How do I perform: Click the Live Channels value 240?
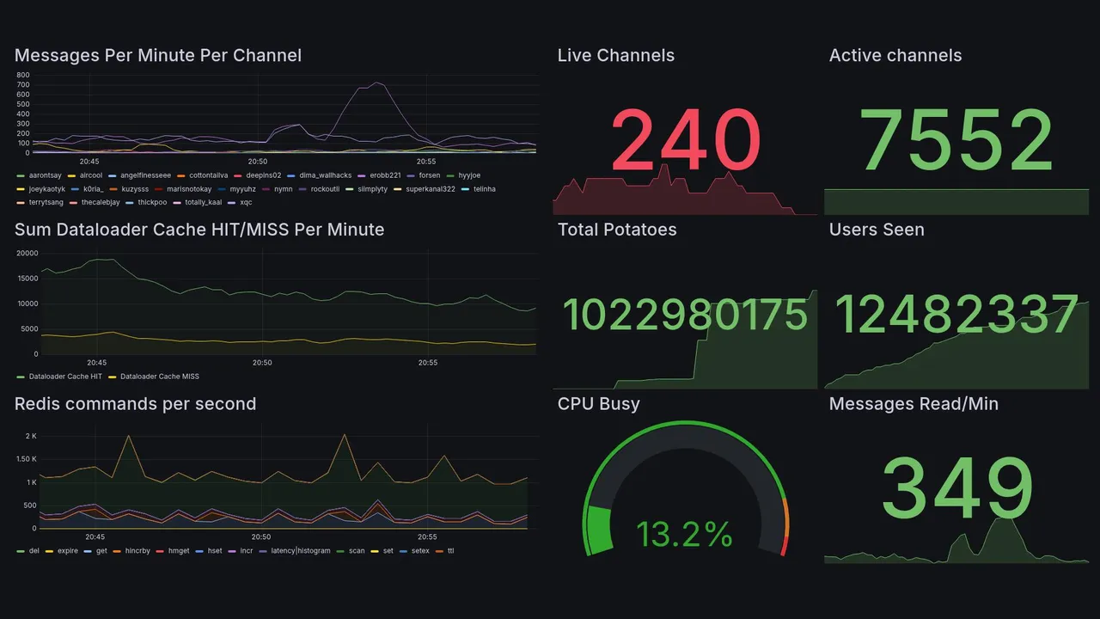[686, 140]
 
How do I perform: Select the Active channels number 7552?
[956, 140]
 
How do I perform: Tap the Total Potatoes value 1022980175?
[685, 316]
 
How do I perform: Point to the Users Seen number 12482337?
[956, 316]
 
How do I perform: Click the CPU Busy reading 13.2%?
[684, 534]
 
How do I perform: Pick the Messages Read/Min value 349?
[956, 489]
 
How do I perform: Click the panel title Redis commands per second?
[135, 404]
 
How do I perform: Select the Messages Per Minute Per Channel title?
[158, 56]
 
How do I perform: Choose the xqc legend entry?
[246, 203]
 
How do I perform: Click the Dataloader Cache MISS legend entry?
[159, 377]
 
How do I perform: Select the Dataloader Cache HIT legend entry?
[64, 377]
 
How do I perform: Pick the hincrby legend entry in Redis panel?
[137, 550]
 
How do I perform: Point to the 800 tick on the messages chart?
[23, 75]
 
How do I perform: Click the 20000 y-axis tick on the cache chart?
[27, 253]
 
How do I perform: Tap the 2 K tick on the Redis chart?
[30, 437]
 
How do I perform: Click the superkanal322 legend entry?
[430, 189]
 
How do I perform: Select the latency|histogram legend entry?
[300, 550]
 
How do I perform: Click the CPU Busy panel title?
[598, 404]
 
